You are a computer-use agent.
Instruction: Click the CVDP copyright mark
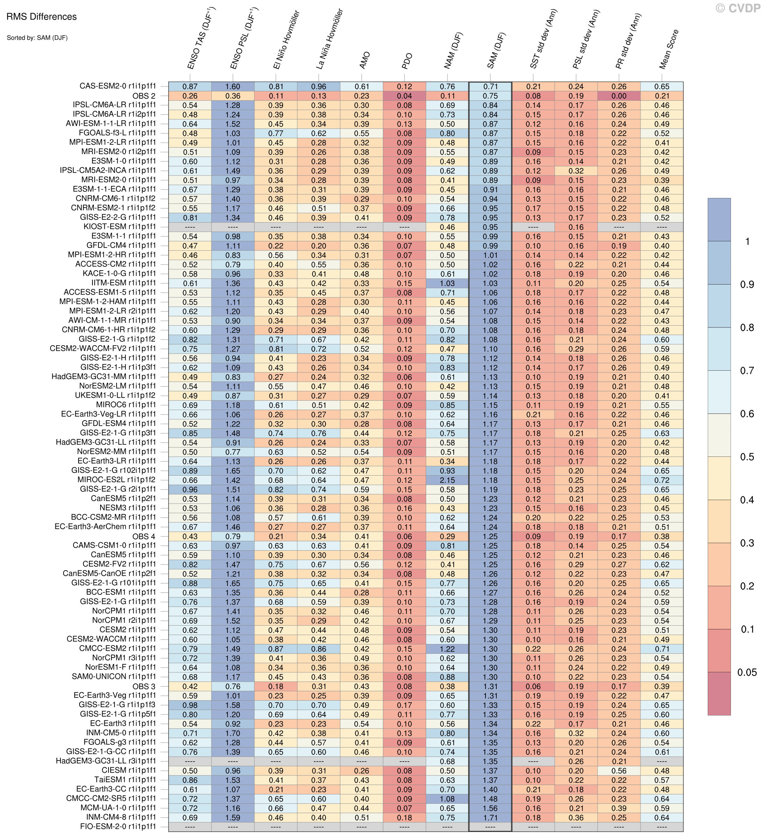click(x=738, y=8)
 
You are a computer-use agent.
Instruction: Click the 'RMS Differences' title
click(x=42, y=17)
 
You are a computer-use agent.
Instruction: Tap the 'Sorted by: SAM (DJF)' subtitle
click(x=37, y=38)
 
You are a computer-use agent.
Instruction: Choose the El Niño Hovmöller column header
click(x=286, y=40)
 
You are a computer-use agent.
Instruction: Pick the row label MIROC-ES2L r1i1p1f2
click(x=116, y=480)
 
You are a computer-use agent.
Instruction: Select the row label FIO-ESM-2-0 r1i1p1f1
click(x=118, y=826)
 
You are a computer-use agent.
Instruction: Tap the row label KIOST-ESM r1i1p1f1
click(x=120, y=227)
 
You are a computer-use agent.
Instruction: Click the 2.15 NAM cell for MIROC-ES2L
click(x=447, y=480)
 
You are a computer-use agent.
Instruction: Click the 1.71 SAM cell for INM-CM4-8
click(x=490, y=817)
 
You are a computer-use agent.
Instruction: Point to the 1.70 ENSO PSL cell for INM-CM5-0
click(x=233, y=733)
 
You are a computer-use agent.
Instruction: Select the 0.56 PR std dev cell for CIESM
click(x=619, y=771)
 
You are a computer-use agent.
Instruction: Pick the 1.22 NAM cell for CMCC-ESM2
click(x=447, y=649)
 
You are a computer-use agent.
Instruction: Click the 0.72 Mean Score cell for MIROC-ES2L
click(x=662, y=480)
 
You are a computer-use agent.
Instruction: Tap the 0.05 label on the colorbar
click(x=747, y=673)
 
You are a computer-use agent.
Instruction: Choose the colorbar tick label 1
click(x=747, y=242)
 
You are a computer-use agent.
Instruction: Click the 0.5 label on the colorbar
click(x=747, y=457)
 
